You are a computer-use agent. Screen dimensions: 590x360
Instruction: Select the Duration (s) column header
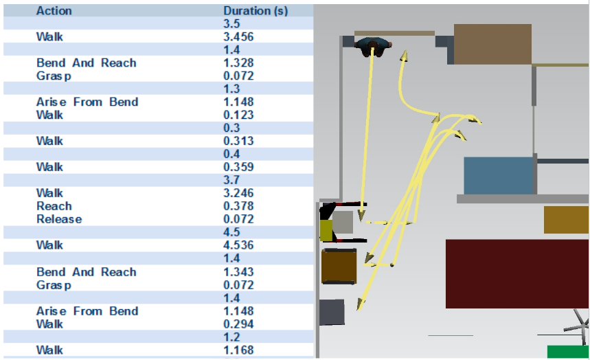(x=256, y=11)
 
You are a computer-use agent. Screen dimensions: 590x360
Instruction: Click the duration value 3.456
(x=238, y=36)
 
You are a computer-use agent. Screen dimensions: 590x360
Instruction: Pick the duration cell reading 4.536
(x=238, y=245)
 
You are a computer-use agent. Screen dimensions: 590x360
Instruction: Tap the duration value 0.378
(x=238, y=206)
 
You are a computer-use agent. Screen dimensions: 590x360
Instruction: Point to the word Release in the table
(x=59, y=219)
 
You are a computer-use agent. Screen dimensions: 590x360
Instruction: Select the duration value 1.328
(x=238, y=63)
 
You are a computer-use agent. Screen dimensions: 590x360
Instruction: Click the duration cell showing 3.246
(x=238, y=193)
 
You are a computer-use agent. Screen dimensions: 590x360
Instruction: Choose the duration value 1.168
(x=238, y=350)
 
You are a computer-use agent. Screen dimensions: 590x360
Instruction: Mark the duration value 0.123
(x=238, y=115)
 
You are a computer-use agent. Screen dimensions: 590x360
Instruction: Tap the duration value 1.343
(x=238, y=272)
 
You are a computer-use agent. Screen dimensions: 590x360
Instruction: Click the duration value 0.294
(x=238, y=324)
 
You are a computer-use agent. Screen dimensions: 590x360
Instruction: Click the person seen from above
(x=374, y=46)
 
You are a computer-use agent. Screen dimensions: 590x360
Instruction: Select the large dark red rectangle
(x=517, y=273)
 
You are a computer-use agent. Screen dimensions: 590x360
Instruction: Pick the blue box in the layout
(x=498, y=176)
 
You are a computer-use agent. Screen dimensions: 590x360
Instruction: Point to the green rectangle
(x=567, y=352)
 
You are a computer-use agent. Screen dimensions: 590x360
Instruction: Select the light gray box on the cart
(x=342, y=221)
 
